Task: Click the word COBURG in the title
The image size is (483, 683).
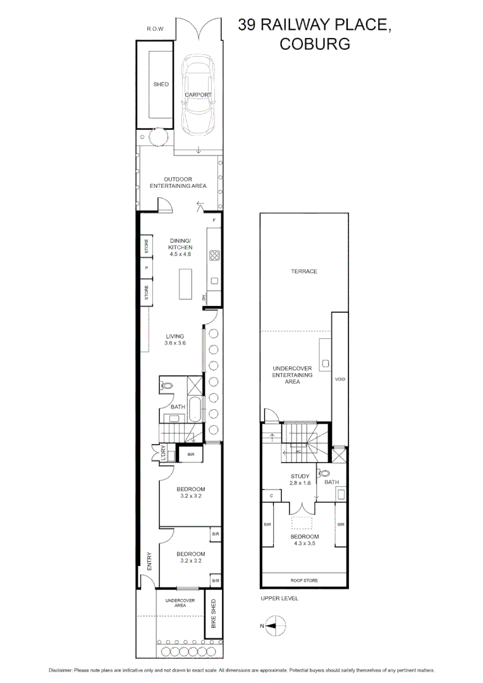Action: point(314,44)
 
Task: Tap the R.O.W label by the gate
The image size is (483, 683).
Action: point(156,29)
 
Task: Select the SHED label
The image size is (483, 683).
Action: point(161,84)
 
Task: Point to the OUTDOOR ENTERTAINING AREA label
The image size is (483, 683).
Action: point(178,183)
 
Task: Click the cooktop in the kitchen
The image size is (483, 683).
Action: point(214,255)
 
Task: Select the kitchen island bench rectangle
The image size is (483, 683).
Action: point(185,284)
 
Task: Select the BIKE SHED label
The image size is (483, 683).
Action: point(214,613)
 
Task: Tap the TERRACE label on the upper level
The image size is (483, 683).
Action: point(304,271)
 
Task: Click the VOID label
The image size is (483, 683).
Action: point(340,379)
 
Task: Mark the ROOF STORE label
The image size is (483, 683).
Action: point(304,581)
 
